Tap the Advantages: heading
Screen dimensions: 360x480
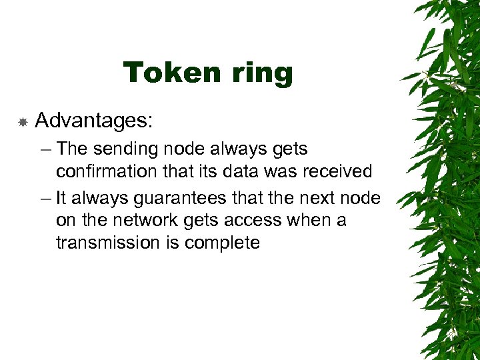point(94,121)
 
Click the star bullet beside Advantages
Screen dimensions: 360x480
point(23,122)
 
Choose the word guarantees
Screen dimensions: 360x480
point(185,199)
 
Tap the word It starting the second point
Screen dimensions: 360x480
point(61,198)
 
